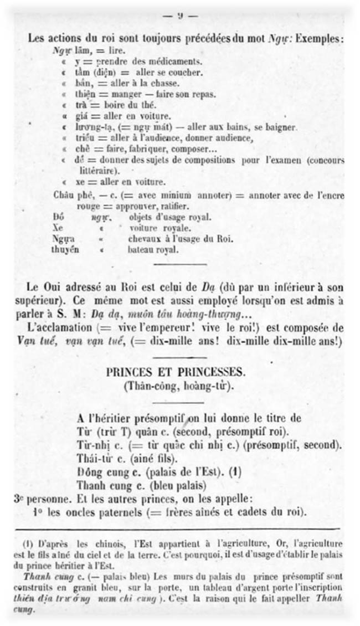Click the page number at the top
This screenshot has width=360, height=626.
(x=180, y=16)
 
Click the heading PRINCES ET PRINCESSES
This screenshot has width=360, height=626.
(x=180, y=373)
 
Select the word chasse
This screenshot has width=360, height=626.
(x=165, y=83)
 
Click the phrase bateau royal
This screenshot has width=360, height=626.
(x=153, y=250)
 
